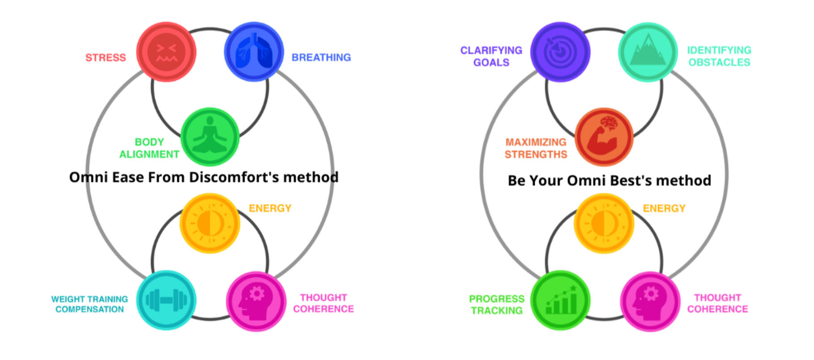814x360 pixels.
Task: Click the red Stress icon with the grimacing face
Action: [x=166, y=52]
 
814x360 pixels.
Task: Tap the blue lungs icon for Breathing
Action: [x=254, y=52]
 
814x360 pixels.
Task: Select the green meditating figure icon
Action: [x=210, y=137]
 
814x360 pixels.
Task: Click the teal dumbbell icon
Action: [x=166, y=300]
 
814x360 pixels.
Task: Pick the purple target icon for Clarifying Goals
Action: [x=560, y=52]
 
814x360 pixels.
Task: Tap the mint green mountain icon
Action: [x=648, y=52]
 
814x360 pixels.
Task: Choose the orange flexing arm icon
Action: [x=604, y=137]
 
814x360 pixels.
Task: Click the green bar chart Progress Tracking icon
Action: [x=560, y=300]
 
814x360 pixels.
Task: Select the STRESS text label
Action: [x=106, y=58]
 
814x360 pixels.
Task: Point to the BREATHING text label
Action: [x=321, y=58]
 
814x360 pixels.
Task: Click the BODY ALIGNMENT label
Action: [x=149, y=148]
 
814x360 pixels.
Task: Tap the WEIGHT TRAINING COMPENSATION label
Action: [x=89, y=304]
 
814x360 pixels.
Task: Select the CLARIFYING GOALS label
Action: [x=491, y=56]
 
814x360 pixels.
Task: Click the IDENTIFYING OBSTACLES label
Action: [x=719, y=56]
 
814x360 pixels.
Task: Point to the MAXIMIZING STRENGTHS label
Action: [x=536, y=148]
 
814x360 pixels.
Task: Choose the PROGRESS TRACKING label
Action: [x=496, y=305]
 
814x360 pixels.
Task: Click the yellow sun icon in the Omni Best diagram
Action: [x=604, y=223]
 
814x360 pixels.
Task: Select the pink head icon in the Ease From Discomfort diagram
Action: [x=256, y=301]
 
